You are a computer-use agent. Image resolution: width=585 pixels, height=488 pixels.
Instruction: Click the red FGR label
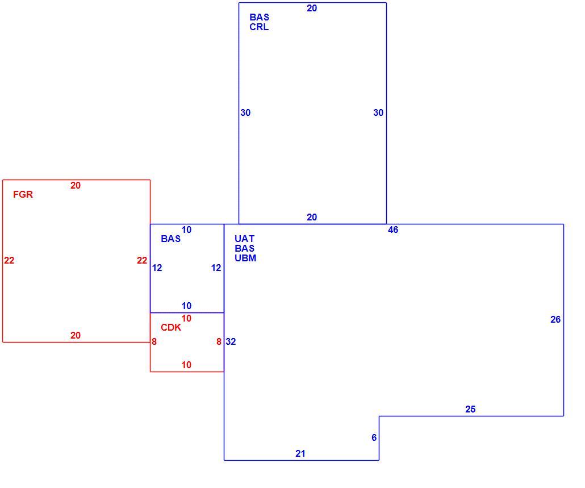[x=23, y=194]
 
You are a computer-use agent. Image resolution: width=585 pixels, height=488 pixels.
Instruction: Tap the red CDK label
[x=171, y=328]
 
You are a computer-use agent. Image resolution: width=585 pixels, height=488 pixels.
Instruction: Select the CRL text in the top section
[x=259, y=27]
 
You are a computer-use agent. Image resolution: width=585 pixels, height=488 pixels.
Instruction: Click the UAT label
[x=244, y=239]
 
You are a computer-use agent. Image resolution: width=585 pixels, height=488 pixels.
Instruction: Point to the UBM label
[x=245, y=258]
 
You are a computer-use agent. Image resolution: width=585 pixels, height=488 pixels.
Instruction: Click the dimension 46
[x=393, y=230]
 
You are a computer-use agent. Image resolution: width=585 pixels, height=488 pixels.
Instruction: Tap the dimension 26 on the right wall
[x=555, y=319]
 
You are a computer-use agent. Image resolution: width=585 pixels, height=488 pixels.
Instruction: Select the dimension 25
[x=470, y=409]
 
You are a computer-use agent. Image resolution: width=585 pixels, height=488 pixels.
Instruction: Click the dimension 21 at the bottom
[x=300, y=454]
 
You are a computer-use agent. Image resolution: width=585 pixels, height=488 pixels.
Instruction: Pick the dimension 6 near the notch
[x=374, y=437]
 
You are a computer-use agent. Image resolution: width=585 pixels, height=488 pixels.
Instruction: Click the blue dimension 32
[x=231, y=342]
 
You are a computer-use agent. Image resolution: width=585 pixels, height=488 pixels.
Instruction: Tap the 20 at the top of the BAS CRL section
[x=312, y=8]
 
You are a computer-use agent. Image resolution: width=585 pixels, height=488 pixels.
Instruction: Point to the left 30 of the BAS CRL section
[x=245, y=112]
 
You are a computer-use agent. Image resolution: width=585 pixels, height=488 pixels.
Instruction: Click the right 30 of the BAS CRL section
[x=378, y=112]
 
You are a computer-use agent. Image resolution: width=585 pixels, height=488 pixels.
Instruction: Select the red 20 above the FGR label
[x=76, y=185]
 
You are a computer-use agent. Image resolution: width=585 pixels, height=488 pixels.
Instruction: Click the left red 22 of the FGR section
[x=9, y=260]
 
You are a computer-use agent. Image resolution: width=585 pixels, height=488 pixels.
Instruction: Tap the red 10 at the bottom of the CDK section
[x=186, y=365]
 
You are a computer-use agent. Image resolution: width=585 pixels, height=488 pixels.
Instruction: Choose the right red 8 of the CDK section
[x=219, y=342]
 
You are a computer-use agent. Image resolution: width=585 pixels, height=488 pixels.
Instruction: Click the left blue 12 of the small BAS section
[x=157, y=268]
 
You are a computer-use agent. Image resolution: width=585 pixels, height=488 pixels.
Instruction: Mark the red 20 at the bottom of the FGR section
[x=76, y=335]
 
